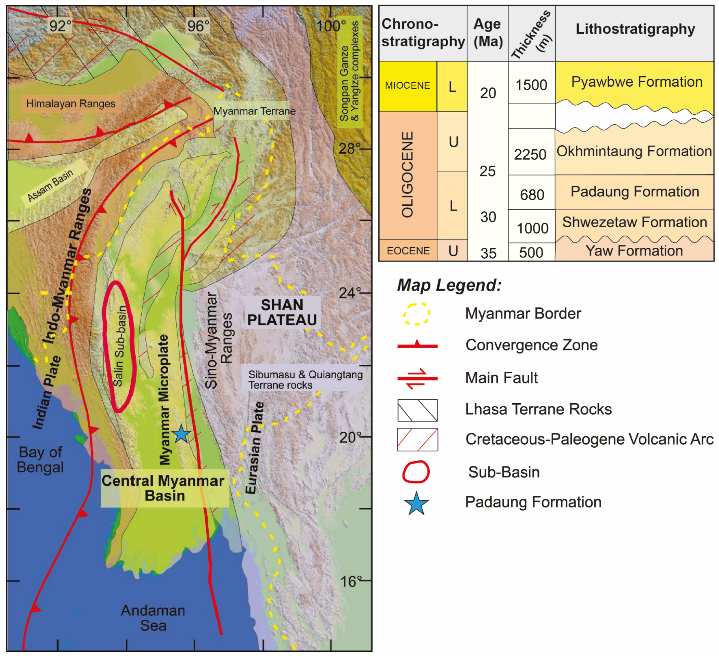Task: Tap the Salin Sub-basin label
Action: pos(120,346)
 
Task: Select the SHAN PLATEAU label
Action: pos(282,312)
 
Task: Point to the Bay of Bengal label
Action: pos(40,460)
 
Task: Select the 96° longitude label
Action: pos(198,26)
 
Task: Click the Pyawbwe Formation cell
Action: pos(637,82)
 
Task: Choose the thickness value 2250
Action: pos(530,155)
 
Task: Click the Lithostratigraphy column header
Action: pos(635,29)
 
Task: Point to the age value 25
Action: pos(487,171)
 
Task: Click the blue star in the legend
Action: pos(416,503)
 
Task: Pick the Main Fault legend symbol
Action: pos(417,378)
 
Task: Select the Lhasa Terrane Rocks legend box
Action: pos(417,410)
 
